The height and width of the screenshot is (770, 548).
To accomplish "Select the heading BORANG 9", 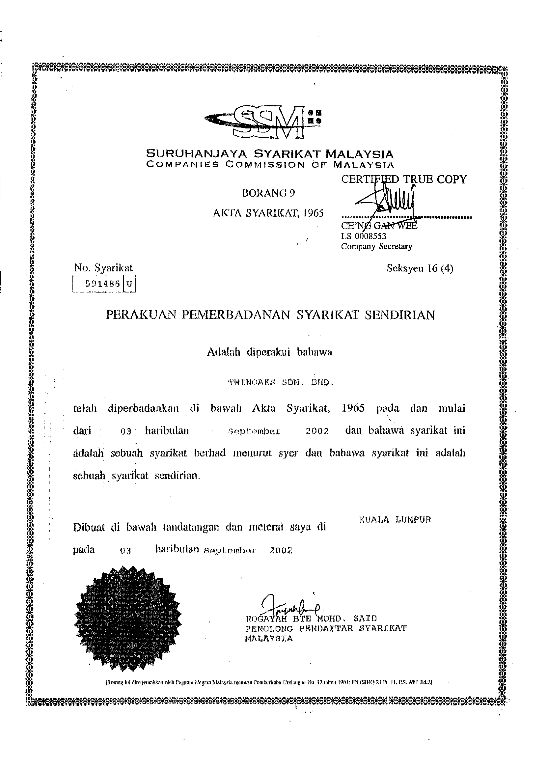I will pos(268,193).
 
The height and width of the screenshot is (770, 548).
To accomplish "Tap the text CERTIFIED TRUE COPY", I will pos(403,179).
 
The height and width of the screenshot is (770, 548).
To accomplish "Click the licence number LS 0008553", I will pos(364,236).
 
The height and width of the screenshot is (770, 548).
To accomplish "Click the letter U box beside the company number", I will pos(129,284).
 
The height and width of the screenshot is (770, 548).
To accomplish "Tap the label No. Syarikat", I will pos(103,267).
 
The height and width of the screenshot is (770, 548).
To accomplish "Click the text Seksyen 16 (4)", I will pos(420,268).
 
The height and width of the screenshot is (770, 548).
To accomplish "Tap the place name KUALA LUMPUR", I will pos(395,520).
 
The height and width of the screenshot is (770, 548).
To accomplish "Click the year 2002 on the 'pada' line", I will pos(280,550).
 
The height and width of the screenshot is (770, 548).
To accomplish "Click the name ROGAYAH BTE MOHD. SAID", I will pos(311,619).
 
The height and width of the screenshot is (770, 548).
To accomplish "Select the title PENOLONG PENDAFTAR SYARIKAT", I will pos(326,628).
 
